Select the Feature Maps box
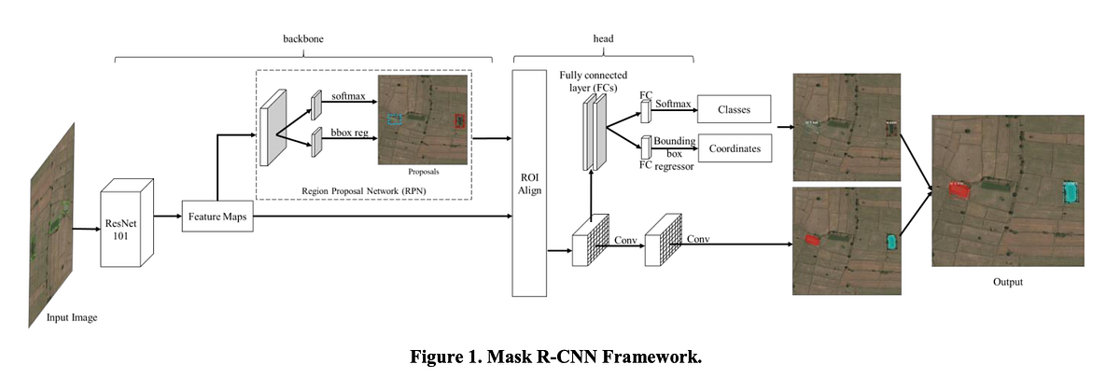[217, 216]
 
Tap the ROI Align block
[529, 183]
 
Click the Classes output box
[735, 109]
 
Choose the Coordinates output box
[735, 148]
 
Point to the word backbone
[302, 40]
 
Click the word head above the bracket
[604, 40]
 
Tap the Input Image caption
[72, 317]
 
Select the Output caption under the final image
[1007, 282]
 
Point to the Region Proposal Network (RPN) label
[360, 190]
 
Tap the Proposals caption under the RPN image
[423, 172]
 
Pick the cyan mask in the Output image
[1070, 193]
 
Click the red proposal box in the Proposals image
[458, 122]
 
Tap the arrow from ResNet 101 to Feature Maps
[166, 216]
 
